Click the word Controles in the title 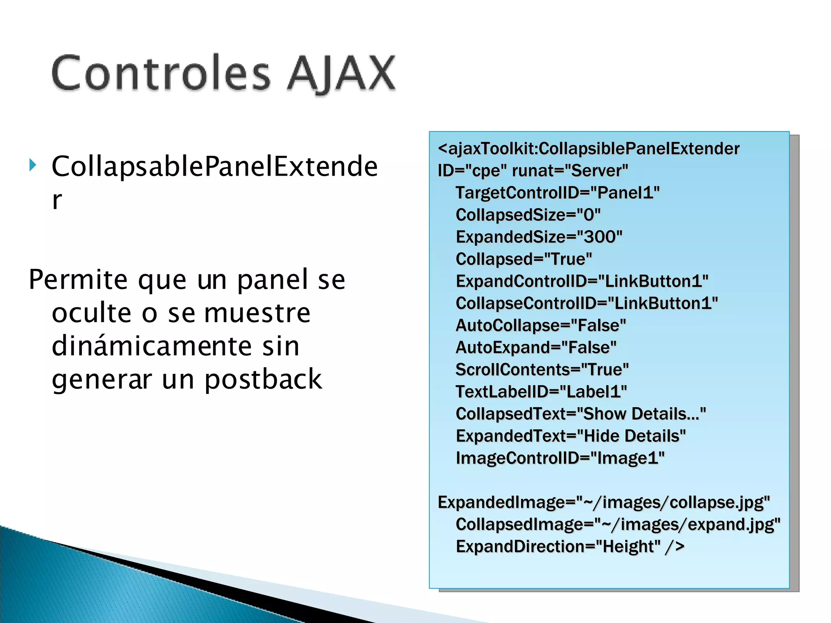161,73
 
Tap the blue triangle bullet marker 33,165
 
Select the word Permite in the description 78,280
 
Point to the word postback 263,379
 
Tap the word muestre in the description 257,313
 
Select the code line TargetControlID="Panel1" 558,193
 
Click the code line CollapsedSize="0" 528,215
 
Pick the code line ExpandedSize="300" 539,237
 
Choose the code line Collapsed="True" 524,259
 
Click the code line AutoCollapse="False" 541,325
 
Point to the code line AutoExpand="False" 536,348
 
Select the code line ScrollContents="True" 542,370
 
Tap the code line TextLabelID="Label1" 541,392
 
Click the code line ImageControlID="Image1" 560,458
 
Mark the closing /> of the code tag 675,546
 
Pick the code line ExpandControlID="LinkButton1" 582,281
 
